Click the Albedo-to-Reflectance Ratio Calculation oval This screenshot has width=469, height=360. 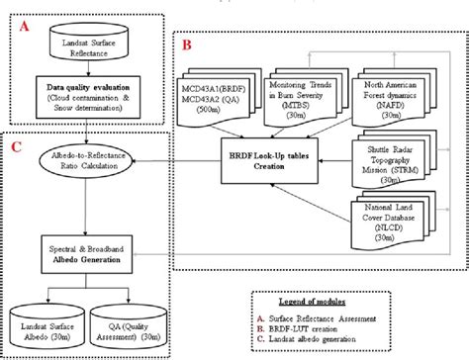tap(88, 159)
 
